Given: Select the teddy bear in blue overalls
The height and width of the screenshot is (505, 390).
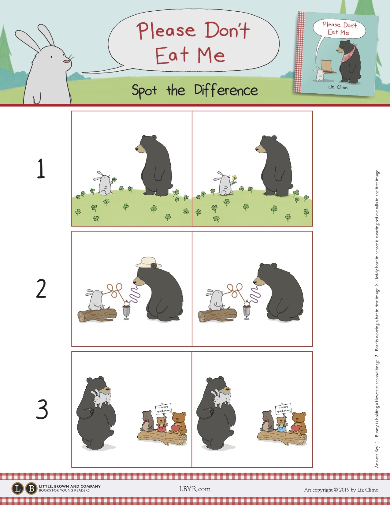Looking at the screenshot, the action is click(281, 425).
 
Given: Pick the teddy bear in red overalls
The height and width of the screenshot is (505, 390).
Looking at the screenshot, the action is click(161, 425).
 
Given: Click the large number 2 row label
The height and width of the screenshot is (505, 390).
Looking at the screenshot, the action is click(41, 288).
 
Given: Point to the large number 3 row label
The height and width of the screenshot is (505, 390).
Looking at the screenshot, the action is click(42, 409).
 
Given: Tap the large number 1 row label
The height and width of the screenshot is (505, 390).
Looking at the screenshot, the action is click(41, 168).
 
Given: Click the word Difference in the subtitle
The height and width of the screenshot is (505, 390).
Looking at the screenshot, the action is click(226, 90).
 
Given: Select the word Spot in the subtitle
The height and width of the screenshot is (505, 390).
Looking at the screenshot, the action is click(144, 91).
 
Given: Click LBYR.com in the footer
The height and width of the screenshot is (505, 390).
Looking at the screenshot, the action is click(195, 489).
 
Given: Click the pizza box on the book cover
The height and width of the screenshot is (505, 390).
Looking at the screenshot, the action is click(328, 67).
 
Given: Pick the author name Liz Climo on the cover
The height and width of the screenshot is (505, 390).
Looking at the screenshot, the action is click(338, 87).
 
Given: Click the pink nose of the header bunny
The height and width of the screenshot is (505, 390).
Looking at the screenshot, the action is click(67, 61).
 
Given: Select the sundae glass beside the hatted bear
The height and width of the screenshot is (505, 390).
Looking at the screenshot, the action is click(126, 310).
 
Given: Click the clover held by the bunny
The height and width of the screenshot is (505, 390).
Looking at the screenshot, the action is click(114, 179).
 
